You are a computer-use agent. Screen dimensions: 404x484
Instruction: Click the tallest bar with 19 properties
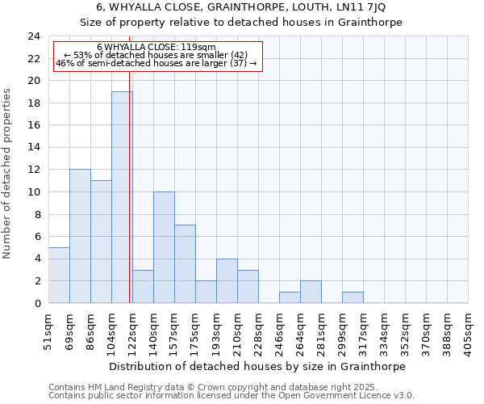tap(122, 197)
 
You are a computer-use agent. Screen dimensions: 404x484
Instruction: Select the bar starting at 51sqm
tap(59, 275)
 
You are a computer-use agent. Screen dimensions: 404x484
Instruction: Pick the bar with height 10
tap(164, 247)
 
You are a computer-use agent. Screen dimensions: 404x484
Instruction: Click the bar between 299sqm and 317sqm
tap(353, 297)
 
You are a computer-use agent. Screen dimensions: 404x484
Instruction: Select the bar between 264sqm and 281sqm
tap(311, 292)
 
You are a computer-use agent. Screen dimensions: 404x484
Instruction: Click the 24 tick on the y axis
tap(34, 36)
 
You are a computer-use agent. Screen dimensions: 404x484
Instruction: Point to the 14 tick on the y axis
tap(34, 148)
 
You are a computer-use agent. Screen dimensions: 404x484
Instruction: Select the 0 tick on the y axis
tap(37, 303)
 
